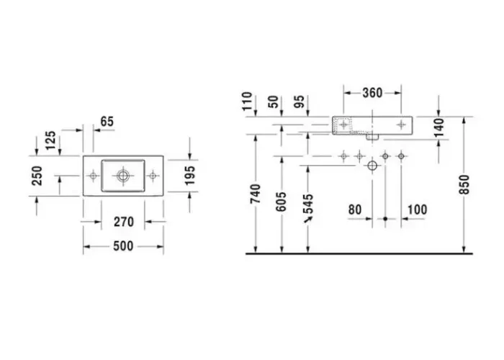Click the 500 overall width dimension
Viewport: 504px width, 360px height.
click(x=123, y=246)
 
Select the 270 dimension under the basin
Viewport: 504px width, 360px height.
click(x=124, y=222)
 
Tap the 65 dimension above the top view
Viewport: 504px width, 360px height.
click(x=107, y=122)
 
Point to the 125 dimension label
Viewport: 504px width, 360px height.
click(x=50, y=140)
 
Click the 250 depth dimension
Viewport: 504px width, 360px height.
click(x=37, y=176)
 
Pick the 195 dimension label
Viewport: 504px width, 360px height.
click(x=190, y=175)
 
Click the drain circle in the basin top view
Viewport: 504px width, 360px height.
click(x=123, y=176)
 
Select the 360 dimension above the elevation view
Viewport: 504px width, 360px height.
click(x=372, y=93)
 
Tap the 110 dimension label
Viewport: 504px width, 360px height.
click(x=248, y=101)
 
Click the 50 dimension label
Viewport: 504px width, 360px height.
click(x=274, y=102)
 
